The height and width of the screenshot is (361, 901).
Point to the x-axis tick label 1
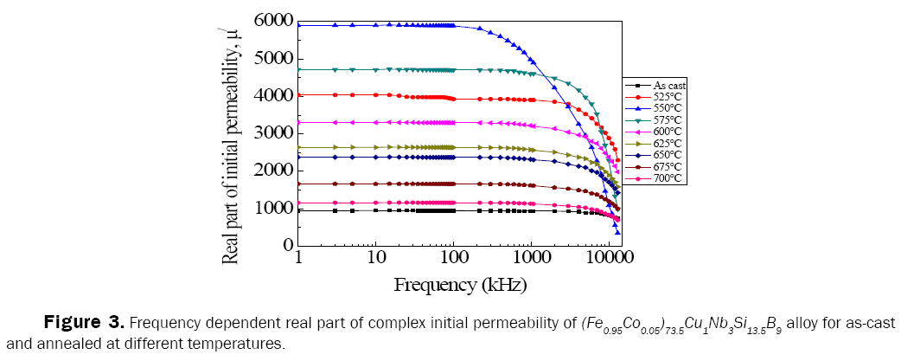point(298,259)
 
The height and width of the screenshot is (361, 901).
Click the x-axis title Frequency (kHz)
point(460,284)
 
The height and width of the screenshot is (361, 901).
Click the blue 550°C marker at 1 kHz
point(298,25)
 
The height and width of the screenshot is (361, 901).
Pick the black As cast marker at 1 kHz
point(298,210)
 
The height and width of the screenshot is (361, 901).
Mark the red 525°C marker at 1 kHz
point(298,95)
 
